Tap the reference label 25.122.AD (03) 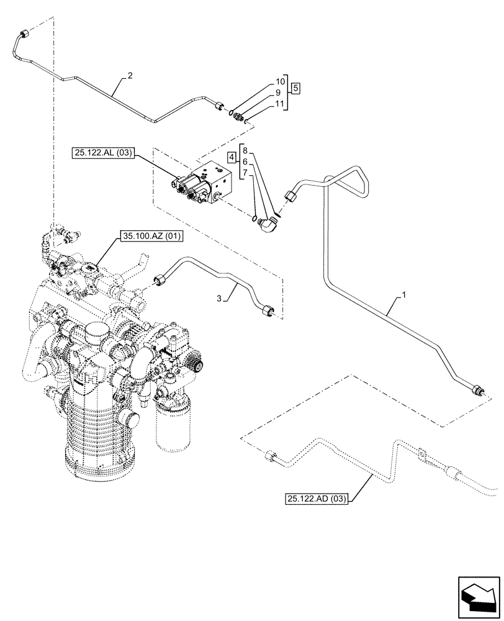[x=318, y=498]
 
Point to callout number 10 [x=279, y=82]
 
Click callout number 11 [x=279, y=103]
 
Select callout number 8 [x=245, y=151]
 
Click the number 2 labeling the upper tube [x=130, y=76]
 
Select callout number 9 [x=279, y=93]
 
